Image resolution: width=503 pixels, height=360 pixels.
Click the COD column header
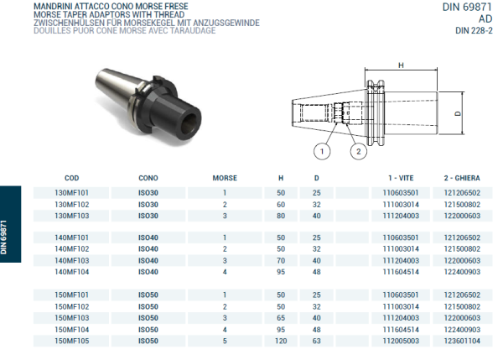click(71, 179)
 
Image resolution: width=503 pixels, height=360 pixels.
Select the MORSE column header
click(225, 179)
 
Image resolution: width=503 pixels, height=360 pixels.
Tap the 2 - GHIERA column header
click(461, 179)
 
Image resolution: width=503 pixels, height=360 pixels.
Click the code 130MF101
click(71, 193)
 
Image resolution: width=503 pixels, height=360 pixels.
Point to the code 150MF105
click(71, 342)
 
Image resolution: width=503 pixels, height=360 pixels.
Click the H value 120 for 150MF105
click(281, 342)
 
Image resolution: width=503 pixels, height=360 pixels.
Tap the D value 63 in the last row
click(316, 342)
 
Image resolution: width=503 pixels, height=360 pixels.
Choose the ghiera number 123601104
click(461, 342)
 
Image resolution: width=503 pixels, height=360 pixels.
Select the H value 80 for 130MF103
click(281, 216)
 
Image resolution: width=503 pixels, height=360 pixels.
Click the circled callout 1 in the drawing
click(322, 152)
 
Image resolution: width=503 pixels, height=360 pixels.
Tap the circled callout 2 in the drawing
click(358, 152)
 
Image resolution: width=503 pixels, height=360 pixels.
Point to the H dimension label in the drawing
click(401, 65)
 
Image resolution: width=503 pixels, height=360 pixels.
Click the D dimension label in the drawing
click(458, 112)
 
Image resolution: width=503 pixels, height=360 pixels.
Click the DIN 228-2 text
click(474, 31)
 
